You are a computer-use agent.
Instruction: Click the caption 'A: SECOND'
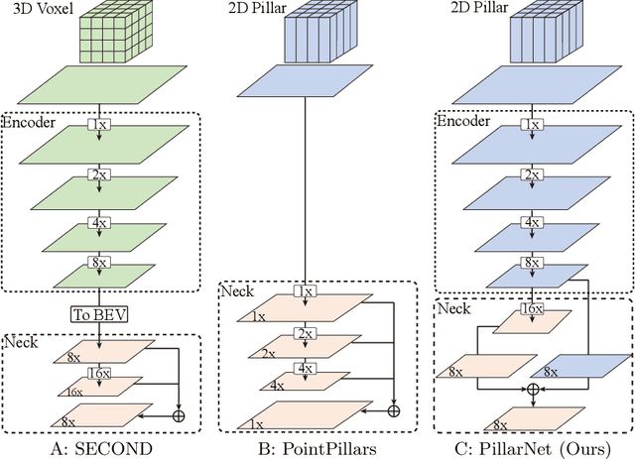coord(99,447)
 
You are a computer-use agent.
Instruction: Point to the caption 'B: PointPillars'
coord(311,447)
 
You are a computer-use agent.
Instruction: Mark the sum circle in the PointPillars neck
coord(393,409)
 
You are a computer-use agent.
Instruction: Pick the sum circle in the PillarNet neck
coord(532,390)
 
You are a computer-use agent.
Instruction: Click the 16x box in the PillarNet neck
coord(532,310)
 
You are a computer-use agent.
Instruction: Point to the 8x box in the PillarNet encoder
coord(532,264)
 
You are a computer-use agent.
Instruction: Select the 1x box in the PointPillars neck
coord(307,292)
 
